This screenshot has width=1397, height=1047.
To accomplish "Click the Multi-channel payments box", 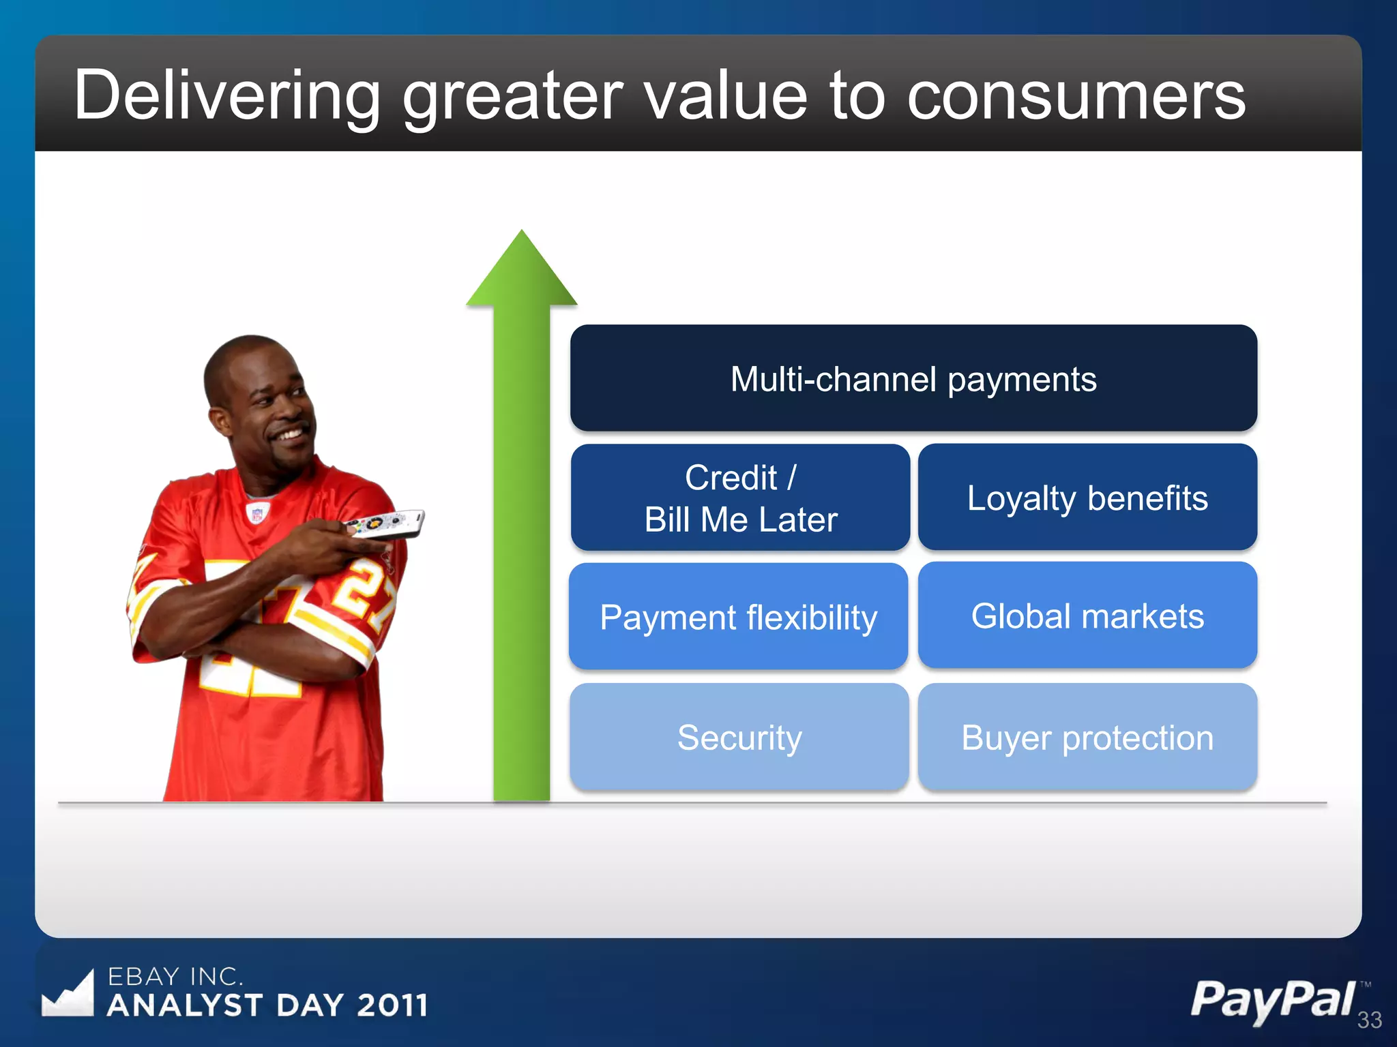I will (913, 378).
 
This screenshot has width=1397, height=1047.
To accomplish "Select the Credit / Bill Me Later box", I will (740, 498).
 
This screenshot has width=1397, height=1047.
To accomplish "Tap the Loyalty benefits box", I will (1087, 498).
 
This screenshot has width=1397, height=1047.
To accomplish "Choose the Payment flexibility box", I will (739, 617).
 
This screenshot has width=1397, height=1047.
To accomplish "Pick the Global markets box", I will (1087, 616).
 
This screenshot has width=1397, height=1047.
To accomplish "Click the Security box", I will (739, 737).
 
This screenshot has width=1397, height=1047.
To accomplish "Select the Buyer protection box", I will (1087, 737).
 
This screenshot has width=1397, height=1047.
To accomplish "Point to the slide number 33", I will (1369, 1020).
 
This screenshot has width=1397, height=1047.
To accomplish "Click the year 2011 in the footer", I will (392, 1005).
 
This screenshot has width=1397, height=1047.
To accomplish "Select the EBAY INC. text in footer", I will (175, 977).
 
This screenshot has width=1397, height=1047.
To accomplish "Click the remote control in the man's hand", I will (385, 524).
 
